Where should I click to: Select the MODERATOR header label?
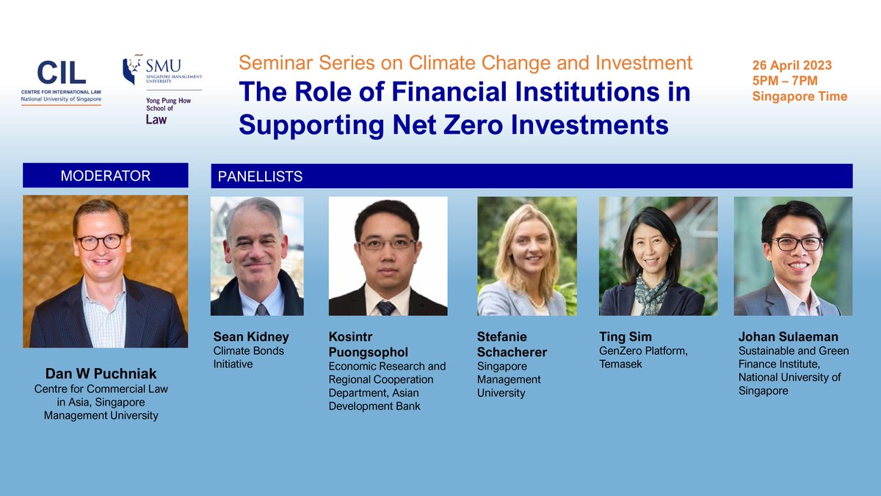(x=105, y=176)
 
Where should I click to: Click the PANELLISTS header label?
(x=258, y=177)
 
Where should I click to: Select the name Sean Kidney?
(x=251, y=337)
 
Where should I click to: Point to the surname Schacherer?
(x=512, y=352)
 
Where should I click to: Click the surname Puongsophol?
(x=371, y=352)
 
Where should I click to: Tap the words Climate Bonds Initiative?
(x=248, y=358)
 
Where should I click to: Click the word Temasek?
(x=621, y=364)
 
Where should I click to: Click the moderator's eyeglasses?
(x=101, y=241)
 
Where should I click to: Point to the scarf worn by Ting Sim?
(x=650, y=290)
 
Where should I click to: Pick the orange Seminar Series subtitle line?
(x=465, y=63)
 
